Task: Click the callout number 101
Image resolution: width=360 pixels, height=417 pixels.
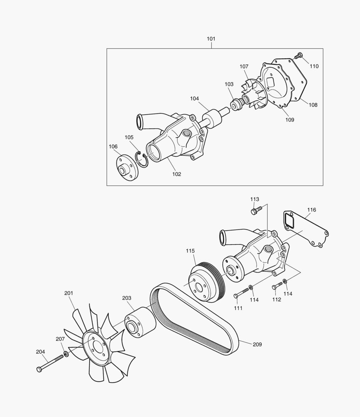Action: click(211, 39)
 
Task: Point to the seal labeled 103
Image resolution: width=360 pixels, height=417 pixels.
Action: click(236, 104)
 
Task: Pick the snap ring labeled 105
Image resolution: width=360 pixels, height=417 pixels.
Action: click(142, 159)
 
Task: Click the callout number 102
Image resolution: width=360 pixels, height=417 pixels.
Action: click(176, 174)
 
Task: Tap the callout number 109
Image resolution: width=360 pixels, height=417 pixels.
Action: click(289, 120)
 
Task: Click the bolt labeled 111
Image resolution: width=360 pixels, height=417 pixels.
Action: click(240, 293)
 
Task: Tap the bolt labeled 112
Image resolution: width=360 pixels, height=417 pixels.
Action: click(277, 286)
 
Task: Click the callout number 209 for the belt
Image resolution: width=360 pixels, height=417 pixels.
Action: click(257, 344)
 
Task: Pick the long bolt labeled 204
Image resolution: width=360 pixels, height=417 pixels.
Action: click(50, 363)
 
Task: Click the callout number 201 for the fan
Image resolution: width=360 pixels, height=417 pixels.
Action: click(69, 293)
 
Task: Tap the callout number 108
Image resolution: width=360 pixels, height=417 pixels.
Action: click(313, 105)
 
